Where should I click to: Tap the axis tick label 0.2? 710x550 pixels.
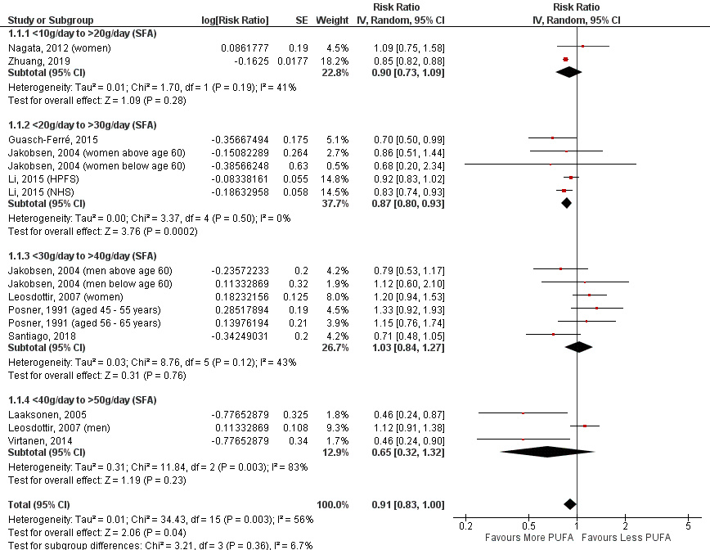point(466,525)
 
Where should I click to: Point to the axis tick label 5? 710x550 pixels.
point(689,525)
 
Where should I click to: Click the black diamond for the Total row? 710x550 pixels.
point(570,503)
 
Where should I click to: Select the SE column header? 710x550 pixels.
point(301,20)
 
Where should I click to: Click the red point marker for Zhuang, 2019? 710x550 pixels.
point(565,60)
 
